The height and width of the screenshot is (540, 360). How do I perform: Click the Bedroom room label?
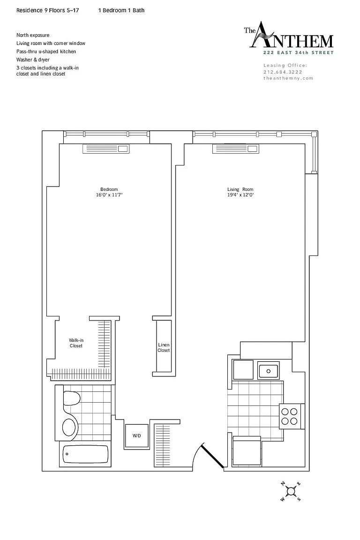109,189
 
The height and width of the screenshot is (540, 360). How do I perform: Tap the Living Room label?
240,189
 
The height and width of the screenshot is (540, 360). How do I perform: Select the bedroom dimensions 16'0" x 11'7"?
110,195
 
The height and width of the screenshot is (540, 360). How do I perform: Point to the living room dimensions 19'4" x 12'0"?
240,195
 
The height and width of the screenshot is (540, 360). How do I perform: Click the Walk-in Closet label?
76,343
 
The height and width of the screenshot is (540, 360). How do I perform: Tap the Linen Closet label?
164,347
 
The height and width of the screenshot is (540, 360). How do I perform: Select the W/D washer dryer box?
137,435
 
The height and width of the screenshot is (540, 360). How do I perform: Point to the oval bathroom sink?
69,427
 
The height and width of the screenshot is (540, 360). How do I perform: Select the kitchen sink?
269,371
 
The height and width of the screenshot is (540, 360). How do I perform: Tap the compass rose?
291,491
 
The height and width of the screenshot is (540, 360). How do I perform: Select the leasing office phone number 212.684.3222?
283,72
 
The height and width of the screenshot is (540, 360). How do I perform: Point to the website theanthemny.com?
288,78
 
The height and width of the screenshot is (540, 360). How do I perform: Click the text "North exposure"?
33,35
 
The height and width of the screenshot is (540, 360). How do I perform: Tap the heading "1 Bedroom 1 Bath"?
121,10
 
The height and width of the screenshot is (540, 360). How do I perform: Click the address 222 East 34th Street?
298,52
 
